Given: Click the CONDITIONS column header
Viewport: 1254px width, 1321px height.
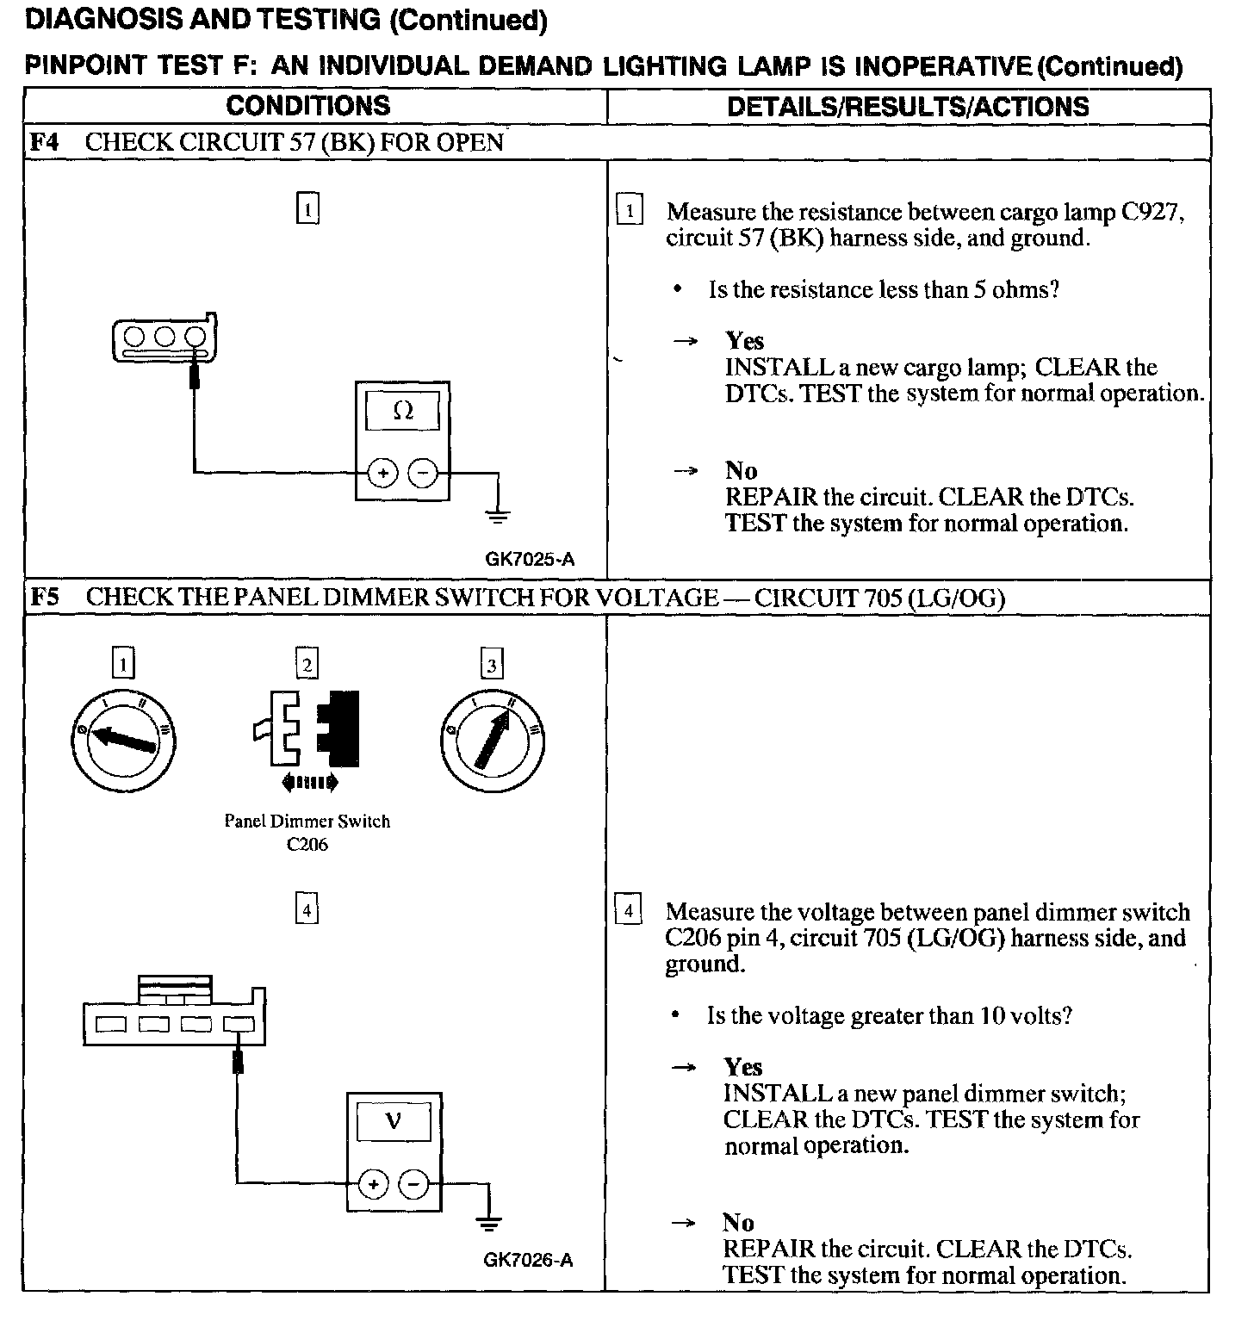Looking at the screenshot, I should [307, 106].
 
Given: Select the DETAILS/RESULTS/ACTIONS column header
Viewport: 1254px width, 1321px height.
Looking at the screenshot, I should [908, 107].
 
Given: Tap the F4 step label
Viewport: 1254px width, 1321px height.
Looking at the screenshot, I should [44, 142].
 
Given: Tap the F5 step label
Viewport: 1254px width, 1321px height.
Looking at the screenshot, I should [45, 597].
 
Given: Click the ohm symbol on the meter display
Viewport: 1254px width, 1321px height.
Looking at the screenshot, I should [402, 412].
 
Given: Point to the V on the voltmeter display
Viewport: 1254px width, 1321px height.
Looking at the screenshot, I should [394, 1121].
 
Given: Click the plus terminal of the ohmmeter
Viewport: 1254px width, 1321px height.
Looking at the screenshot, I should [382, 473].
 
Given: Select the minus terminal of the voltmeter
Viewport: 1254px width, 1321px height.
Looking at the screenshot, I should [414, 1185].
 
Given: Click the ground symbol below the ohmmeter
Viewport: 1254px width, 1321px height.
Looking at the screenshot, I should [498, 516].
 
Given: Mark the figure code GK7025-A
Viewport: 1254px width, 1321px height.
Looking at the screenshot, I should [530, 559].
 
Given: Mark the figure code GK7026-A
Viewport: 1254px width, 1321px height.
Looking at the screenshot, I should [528, 1260].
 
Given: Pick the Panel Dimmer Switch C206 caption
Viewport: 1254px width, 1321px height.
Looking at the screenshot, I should [307, 832].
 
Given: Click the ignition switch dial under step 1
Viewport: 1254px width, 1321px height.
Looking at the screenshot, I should [122, 739].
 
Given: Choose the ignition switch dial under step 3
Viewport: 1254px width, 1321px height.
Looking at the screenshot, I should [492, 739].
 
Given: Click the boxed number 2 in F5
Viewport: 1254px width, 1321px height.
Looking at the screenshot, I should [307, 664].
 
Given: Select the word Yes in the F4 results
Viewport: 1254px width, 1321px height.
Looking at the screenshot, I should [744, 341].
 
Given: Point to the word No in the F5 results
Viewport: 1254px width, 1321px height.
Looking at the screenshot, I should [738, 1222].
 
